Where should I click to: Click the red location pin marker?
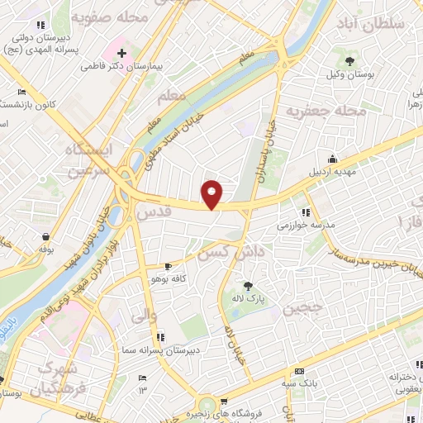tap(212, 194)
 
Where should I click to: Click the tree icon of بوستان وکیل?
tap(349, 61)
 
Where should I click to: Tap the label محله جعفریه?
tap(325, 111)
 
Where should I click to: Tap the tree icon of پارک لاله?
tap(247, 286)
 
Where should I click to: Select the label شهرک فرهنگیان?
tap(58, 376)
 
